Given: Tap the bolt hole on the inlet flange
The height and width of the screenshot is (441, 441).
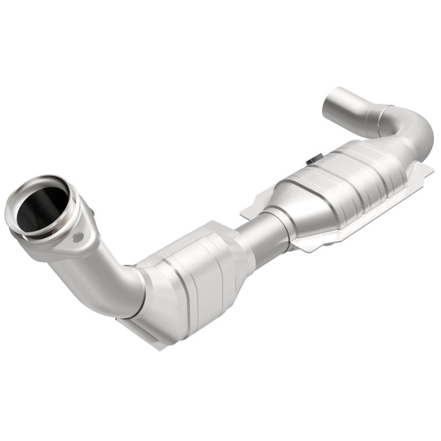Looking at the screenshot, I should click(79, 237).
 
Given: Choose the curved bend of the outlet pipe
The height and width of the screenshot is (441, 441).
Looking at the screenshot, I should click(415, 128).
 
